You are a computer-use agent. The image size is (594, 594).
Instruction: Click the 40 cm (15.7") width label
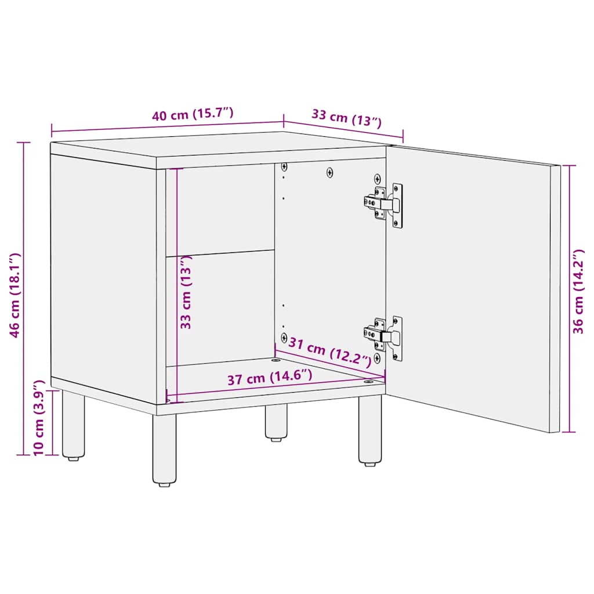pyautogui.click(x=193, y=114)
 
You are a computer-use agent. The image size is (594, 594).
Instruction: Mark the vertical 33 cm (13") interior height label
pyautogui.click(x=186, y=291)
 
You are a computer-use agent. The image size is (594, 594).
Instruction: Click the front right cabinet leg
pyautogui.click(x=370, y=430)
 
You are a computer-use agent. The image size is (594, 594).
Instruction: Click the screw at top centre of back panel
pyautogui.click(x=330, y=172)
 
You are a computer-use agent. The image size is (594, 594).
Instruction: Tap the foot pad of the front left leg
pyautogui.click(x=164, y=483)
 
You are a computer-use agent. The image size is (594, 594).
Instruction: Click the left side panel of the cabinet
pyautogui.click(x=103, y=273)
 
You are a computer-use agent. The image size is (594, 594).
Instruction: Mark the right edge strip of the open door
pyautogui.click(x=555, y=299)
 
